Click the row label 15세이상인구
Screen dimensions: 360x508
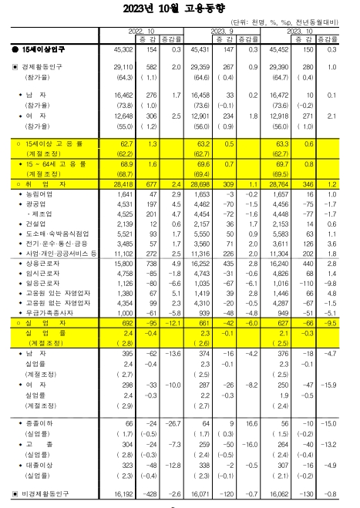click(x=40, y=49)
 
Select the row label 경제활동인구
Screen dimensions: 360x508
click(x=40, y=69)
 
